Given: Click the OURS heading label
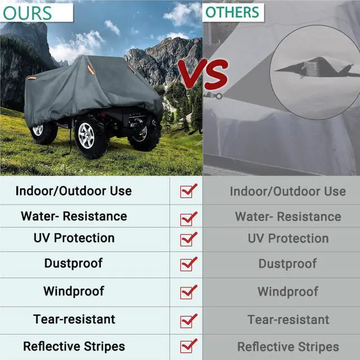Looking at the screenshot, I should coord(27,13).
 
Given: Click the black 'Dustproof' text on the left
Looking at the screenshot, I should coord(74,263).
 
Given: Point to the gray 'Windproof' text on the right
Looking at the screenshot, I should coord(287,292).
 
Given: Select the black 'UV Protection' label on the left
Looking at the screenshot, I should coord(74,238).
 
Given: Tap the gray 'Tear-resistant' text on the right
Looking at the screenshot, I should coord(288,320).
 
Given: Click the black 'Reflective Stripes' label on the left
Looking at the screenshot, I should coord(74,346).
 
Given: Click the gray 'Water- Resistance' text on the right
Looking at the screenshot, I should coord(288,217).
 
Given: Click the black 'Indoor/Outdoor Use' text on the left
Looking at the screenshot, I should coord(74,191).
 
